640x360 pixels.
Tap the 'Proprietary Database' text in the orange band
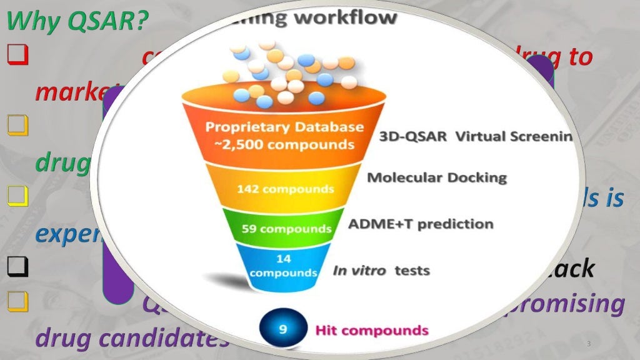click(284, 127)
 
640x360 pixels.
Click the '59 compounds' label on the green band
click(286, 228)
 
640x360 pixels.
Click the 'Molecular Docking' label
click(437, 177)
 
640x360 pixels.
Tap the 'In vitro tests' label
click(381, 271)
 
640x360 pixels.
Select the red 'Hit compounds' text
click(371, 330)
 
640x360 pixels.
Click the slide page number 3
click(589, 345)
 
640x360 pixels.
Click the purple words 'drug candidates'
click(132, 337)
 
